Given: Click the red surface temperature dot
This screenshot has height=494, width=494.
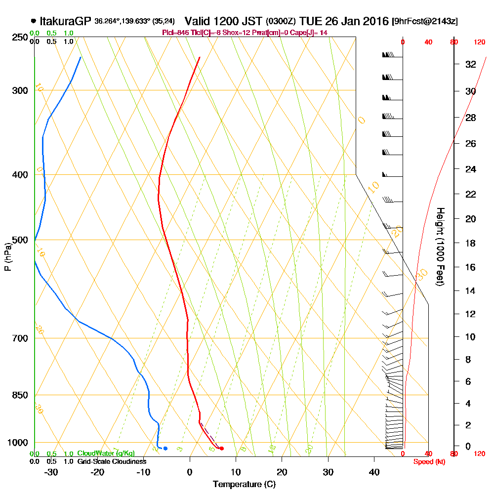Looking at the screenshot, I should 222,449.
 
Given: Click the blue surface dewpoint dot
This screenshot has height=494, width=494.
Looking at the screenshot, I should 165,449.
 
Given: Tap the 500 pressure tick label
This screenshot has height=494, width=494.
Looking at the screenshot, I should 19,240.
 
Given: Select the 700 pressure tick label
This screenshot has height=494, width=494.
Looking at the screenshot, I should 19,338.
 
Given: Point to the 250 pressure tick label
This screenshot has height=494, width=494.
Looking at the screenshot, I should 19,37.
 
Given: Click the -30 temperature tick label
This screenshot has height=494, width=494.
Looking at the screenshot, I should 51,472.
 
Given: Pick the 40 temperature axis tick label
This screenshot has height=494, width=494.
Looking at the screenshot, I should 374,472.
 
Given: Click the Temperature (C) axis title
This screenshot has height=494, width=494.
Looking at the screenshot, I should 244,484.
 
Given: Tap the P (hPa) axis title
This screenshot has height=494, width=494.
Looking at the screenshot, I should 7,256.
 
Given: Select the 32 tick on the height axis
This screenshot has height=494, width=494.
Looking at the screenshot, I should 471,64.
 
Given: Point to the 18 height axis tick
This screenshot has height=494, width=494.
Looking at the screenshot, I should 471,243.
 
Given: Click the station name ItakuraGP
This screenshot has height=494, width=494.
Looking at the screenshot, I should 65,21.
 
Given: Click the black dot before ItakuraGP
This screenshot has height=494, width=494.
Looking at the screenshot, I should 33,21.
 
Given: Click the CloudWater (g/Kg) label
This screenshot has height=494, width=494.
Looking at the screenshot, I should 106,453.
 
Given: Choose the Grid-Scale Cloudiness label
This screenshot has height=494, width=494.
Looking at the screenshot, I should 112,461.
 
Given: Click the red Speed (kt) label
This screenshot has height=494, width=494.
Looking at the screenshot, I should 428,461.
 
